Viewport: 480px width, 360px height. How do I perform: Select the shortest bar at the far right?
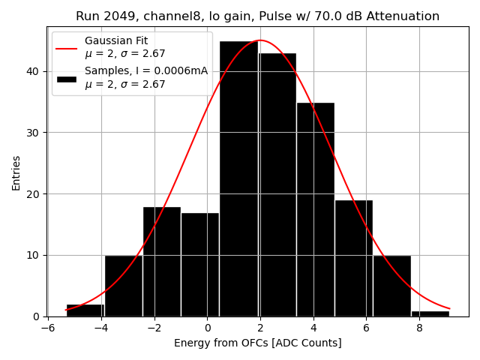430,313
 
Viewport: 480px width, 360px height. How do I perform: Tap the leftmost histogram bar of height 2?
85,310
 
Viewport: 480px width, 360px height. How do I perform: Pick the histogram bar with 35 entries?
315,209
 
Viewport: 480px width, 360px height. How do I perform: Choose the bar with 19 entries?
353,258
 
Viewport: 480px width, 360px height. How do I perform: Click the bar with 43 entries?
277,184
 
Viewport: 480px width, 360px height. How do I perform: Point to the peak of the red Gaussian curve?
259,40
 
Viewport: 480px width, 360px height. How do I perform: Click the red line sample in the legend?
66,47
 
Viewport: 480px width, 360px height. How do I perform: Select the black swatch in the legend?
66,78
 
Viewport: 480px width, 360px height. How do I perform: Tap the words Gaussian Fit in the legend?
115,40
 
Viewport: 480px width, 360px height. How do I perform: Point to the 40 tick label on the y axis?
34,72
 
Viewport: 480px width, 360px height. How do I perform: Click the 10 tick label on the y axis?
34,256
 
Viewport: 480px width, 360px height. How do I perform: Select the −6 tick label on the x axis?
46,327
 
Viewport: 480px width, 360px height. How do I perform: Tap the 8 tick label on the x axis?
419,327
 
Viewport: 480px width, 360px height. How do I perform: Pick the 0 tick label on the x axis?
207,327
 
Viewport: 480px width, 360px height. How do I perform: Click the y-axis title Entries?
16,172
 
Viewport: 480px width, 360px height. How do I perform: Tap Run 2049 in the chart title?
102,16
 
